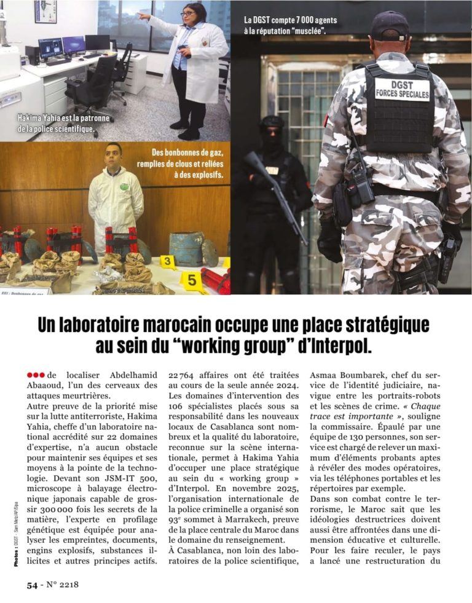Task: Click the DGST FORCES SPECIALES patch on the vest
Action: coord(403,90)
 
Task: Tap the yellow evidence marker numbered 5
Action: coord(192,280)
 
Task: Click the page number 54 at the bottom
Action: coord(32,585)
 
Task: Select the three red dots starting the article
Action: coord(35,375)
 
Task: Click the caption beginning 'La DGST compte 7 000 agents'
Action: coord(290,25)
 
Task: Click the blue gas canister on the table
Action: coord(186,247)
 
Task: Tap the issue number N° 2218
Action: coord(62,585)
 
